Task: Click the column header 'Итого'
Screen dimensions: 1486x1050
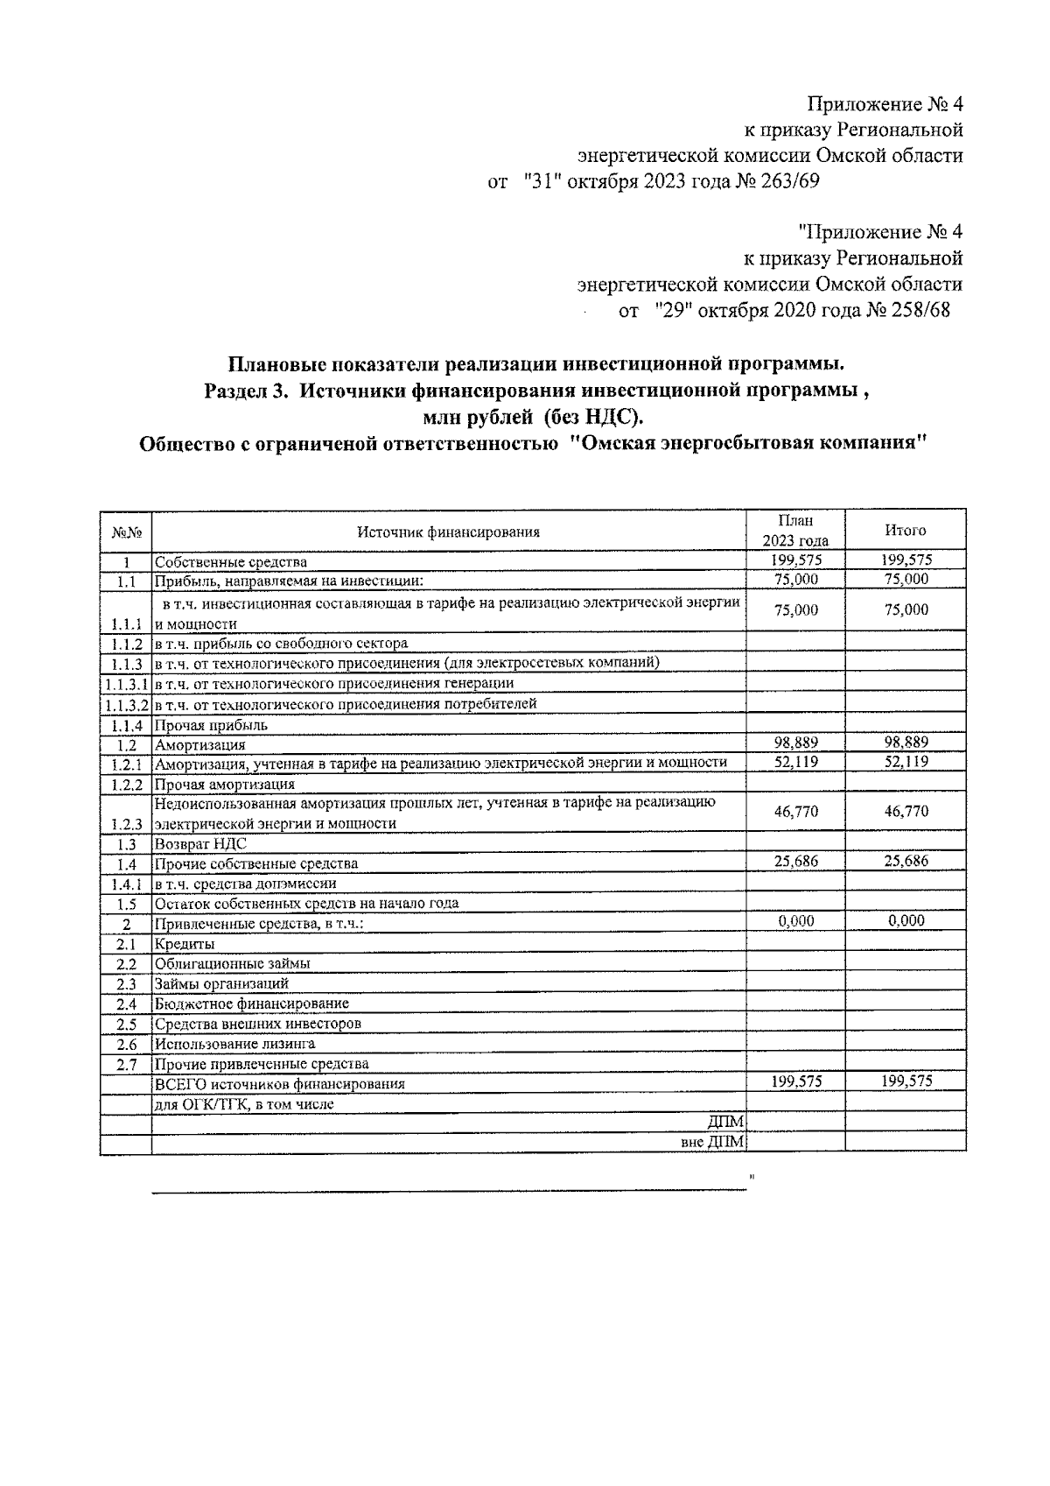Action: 905,531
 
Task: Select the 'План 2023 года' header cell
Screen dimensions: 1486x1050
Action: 794,531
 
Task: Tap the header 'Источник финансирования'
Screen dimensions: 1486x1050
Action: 448,532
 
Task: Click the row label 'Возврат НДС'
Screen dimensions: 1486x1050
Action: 200,844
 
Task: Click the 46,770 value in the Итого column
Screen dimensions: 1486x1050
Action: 906,812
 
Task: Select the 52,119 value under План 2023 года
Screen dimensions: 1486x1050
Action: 795,762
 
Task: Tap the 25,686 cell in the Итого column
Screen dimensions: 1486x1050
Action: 906,862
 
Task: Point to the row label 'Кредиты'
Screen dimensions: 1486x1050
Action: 185,944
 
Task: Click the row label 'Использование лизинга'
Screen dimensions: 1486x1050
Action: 234,1044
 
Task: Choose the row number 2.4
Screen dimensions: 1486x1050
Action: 126,1004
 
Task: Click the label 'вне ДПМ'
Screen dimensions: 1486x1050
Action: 712,1143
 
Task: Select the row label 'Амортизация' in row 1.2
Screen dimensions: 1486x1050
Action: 200,745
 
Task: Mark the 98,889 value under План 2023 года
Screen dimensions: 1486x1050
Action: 795,743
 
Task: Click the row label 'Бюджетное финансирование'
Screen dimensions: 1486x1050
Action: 252,1004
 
